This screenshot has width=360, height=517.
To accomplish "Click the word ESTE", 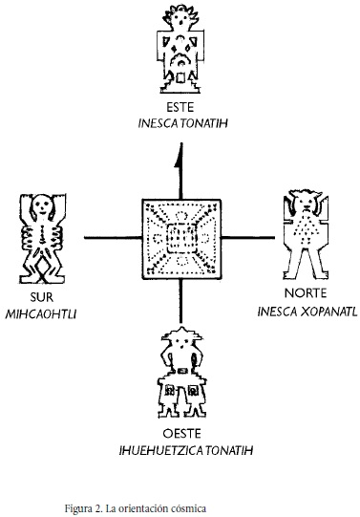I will coord(179,110).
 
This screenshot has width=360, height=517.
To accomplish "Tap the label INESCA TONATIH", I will coord(179,124).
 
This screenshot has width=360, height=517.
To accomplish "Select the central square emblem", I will coord(180,235).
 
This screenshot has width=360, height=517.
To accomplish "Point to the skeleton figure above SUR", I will coord(40,240).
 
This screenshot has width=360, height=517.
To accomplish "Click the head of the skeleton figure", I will coord(40,206).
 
